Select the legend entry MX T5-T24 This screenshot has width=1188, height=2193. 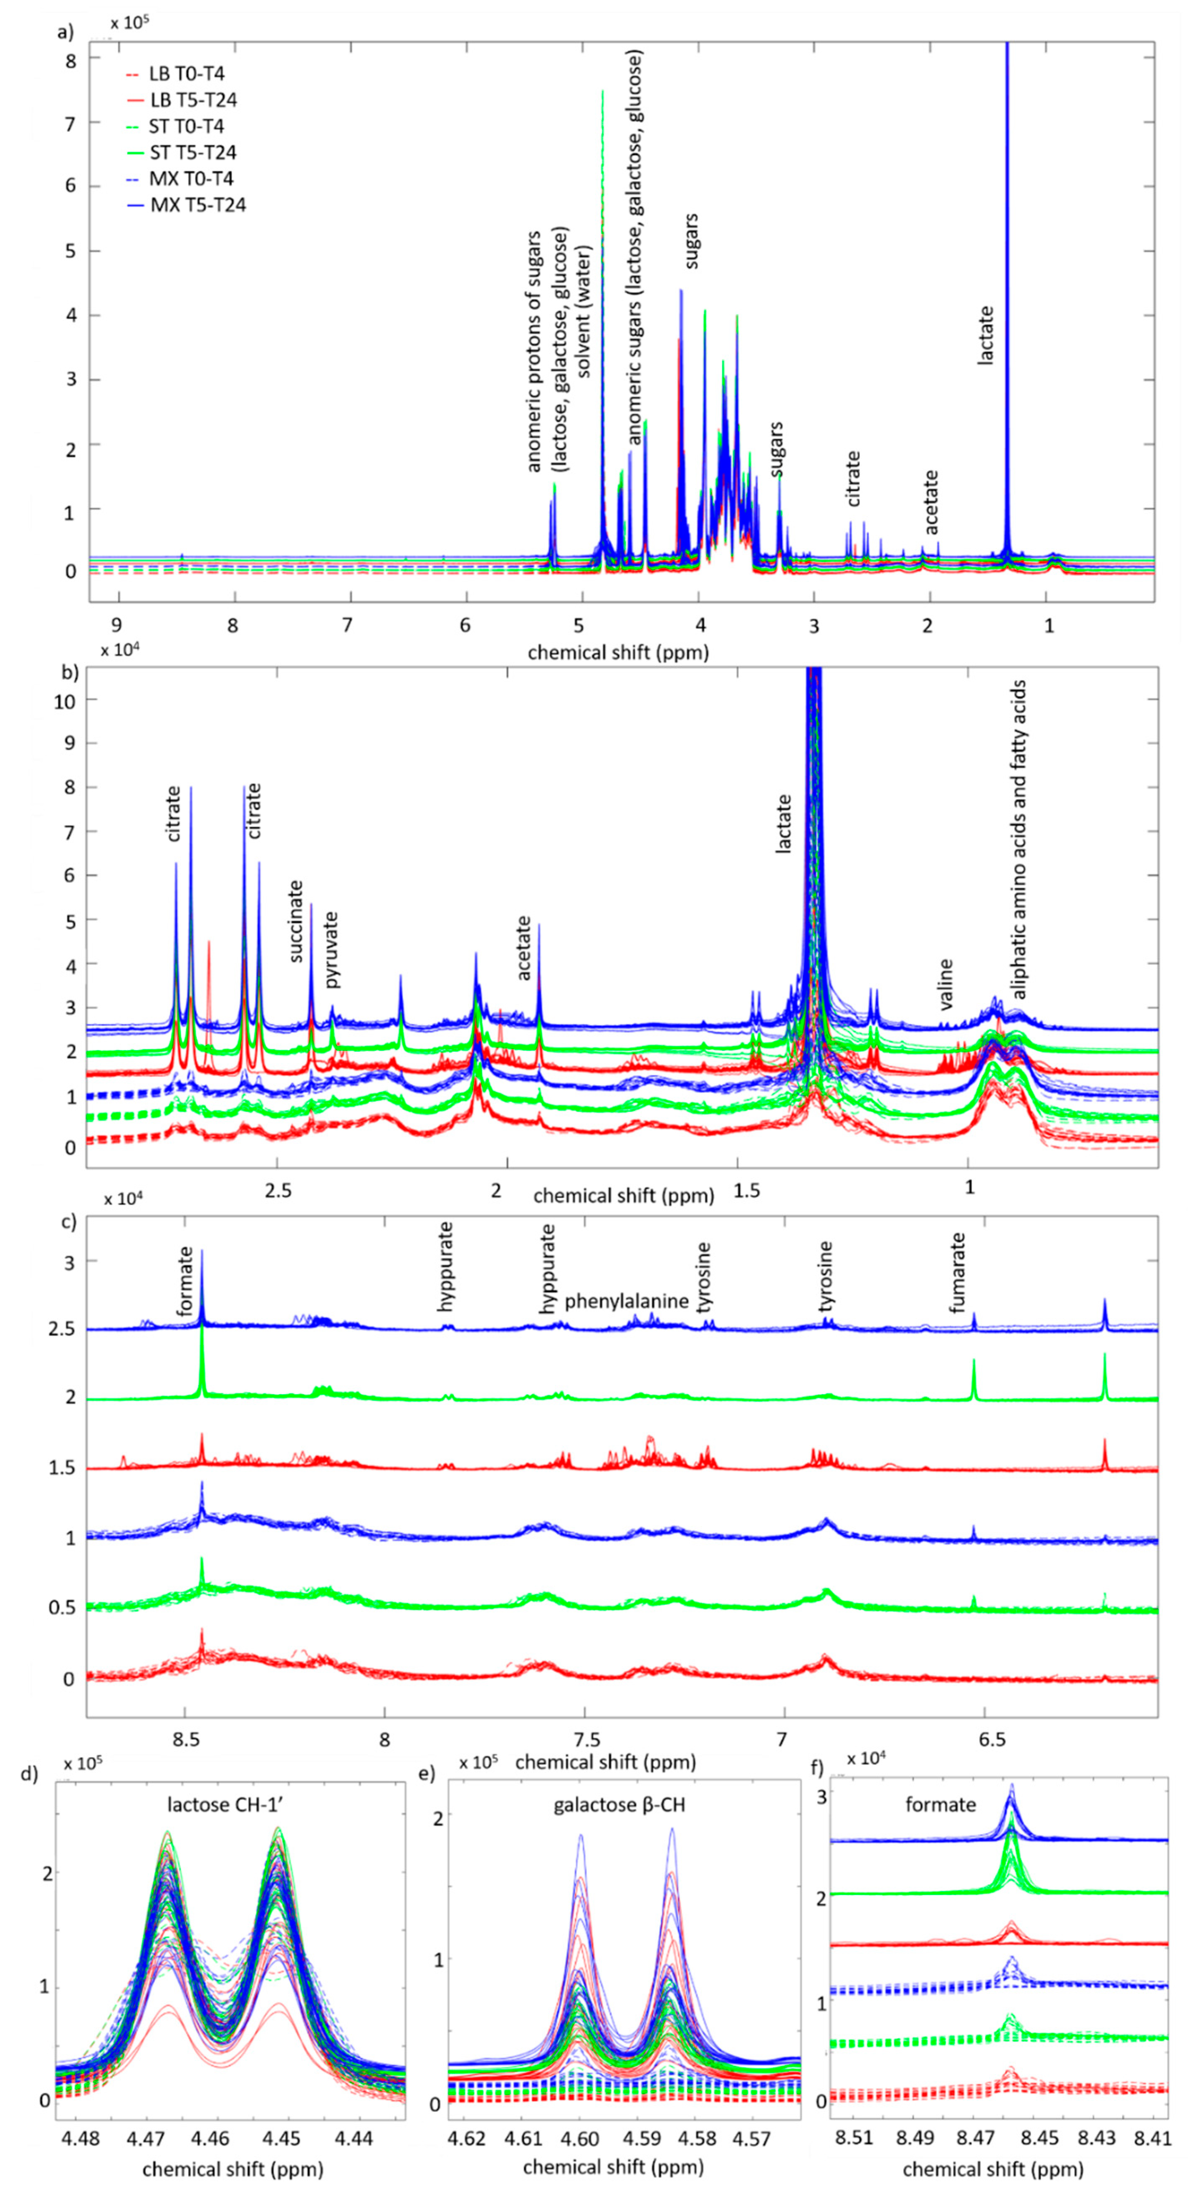point(197,205)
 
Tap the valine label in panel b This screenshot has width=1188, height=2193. point(945,983)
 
